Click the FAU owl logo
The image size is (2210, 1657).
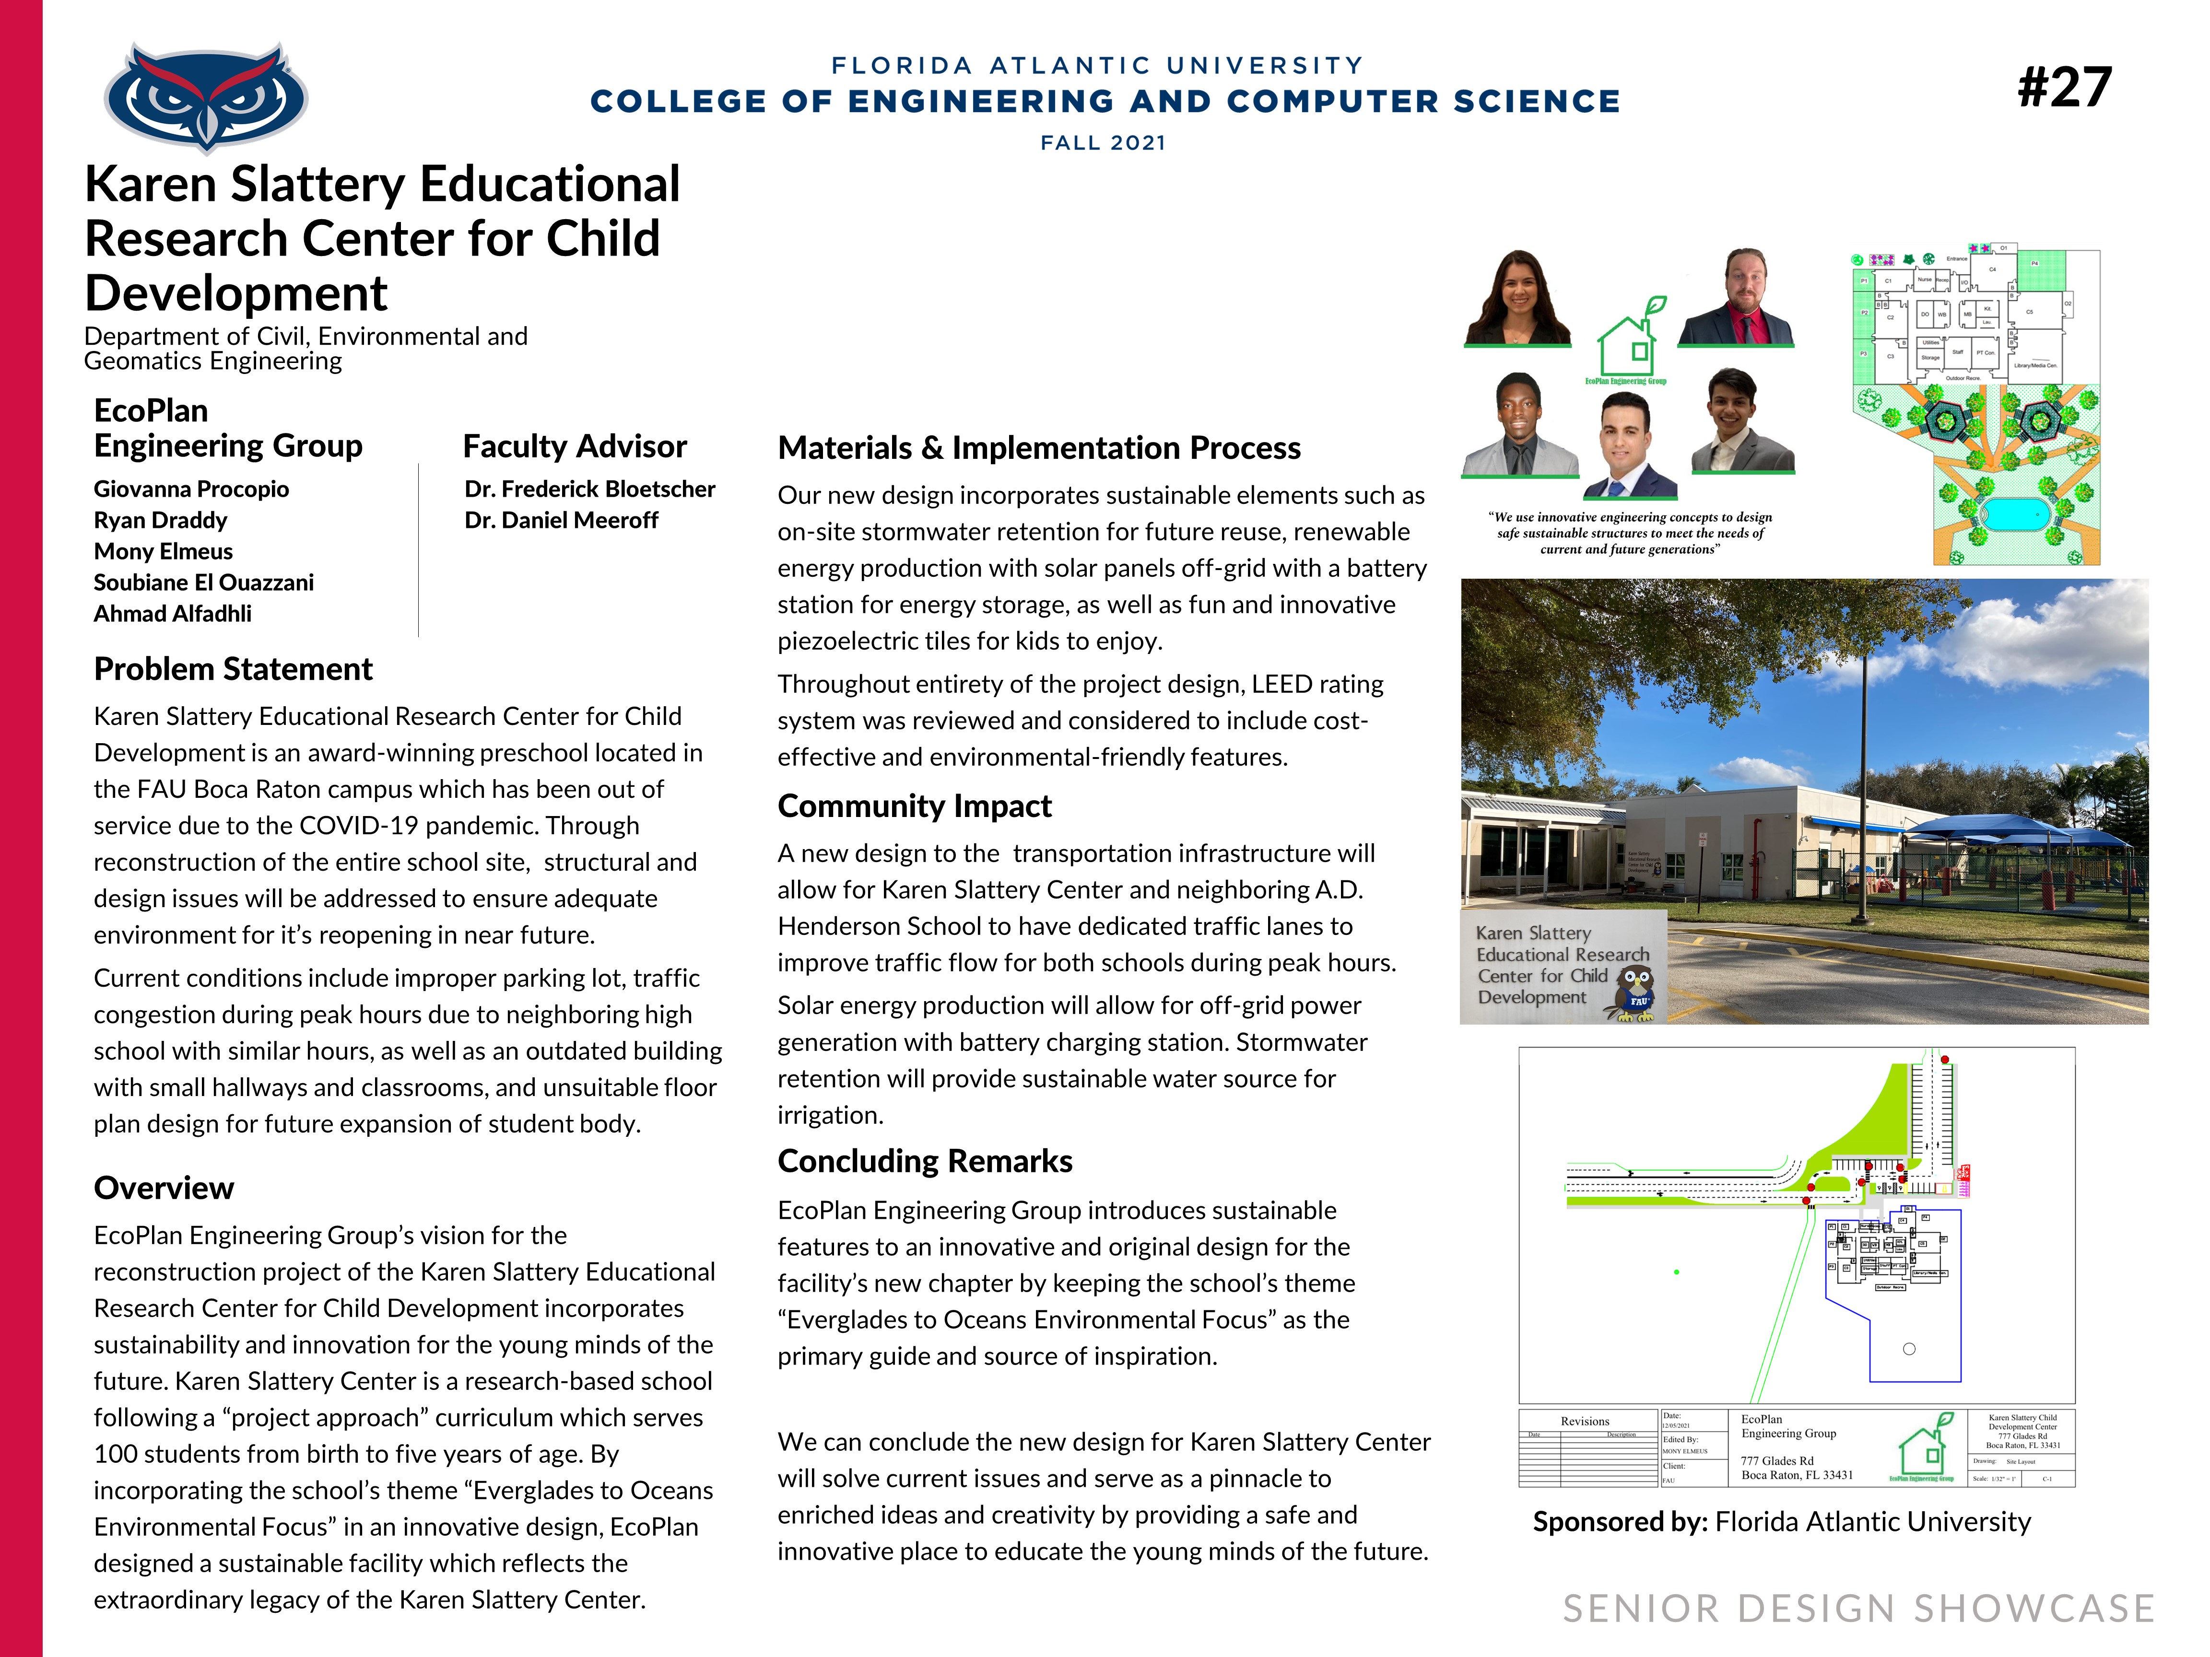[206, 97]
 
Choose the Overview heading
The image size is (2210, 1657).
[164, 1188]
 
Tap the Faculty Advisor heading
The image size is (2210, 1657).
[575, 446]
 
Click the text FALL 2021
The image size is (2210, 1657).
[1103, 143]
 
